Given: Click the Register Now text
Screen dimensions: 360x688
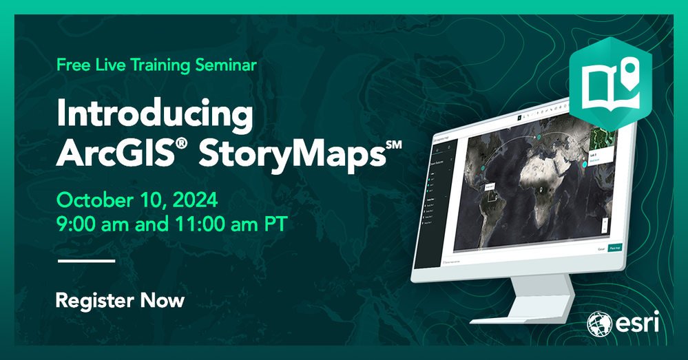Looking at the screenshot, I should tap(120, 300).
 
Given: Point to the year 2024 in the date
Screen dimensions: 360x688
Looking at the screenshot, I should tap(194, 200).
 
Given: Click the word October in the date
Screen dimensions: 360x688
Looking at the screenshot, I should tap(92, 200).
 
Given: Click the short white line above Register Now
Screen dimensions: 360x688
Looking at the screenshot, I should tap(86, 262).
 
